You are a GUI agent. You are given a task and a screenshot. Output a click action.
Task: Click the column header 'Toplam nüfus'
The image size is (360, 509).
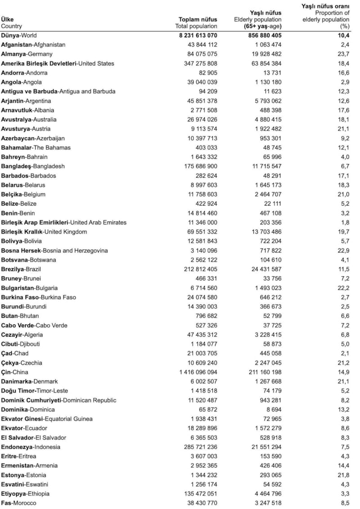[198, 19]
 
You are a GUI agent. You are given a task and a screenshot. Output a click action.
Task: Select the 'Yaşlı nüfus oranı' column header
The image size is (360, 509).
[325, 6]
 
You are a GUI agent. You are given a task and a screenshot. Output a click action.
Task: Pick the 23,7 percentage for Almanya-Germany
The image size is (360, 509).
[344, 54]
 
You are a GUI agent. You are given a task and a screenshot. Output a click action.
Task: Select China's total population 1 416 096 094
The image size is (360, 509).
[198, 372]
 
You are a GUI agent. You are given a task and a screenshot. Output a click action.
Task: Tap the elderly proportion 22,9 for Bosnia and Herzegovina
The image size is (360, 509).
[344, 250]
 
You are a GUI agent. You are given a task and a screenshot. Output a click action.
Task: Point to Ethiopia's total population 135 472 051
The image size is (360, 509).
[198, 494]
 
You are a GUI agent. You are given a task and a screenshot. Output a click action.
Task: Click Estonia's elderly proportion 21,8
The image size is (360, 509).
[344, 475]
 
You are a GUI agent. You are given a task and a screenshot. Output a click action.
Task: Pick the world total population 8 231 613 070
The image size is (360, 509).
[198, 35]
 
